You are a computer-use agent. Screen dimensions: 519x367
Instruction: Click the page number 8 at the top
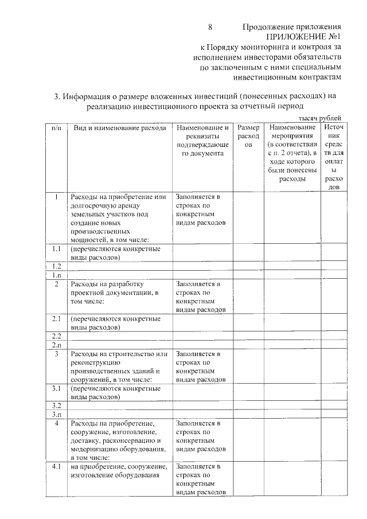[x=210, y=27]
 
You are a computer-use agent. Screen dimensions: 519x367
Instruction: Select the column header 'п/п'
[x=56, y=127]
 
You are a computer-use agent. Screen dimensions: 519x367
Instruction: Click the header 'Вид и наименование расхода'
[x=120, y=127]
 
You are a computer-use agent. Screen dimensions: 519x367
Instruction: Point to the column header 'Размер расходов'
[x=248, y=136]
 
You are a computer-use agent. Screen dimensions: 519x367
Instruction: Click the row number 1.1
[x=56, y=249]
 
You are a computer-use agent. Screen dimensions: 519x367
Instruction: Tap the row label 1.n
[x=56, y=275]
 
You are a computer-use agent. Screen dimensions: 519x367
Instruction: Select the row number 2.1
[x=56, y=318]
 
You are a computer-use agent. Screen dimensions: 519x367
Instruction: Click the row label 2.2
[x=56, y=336]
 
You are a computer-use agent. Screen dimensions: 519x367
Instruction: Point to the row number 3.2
[x=56, y=405]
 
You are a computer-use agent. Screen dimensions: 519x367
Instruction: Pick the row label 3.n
[x=56, y=414]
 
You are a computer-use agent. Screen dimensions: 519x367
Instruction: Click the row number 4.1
[x=56, y=466]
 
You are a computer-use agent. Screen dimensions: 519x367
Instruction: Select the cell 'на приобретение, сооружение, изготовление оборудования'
[x=119, y=471]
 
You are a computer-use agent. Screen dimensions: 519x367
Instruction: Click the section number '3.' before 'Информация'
[x=57, y=96]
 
